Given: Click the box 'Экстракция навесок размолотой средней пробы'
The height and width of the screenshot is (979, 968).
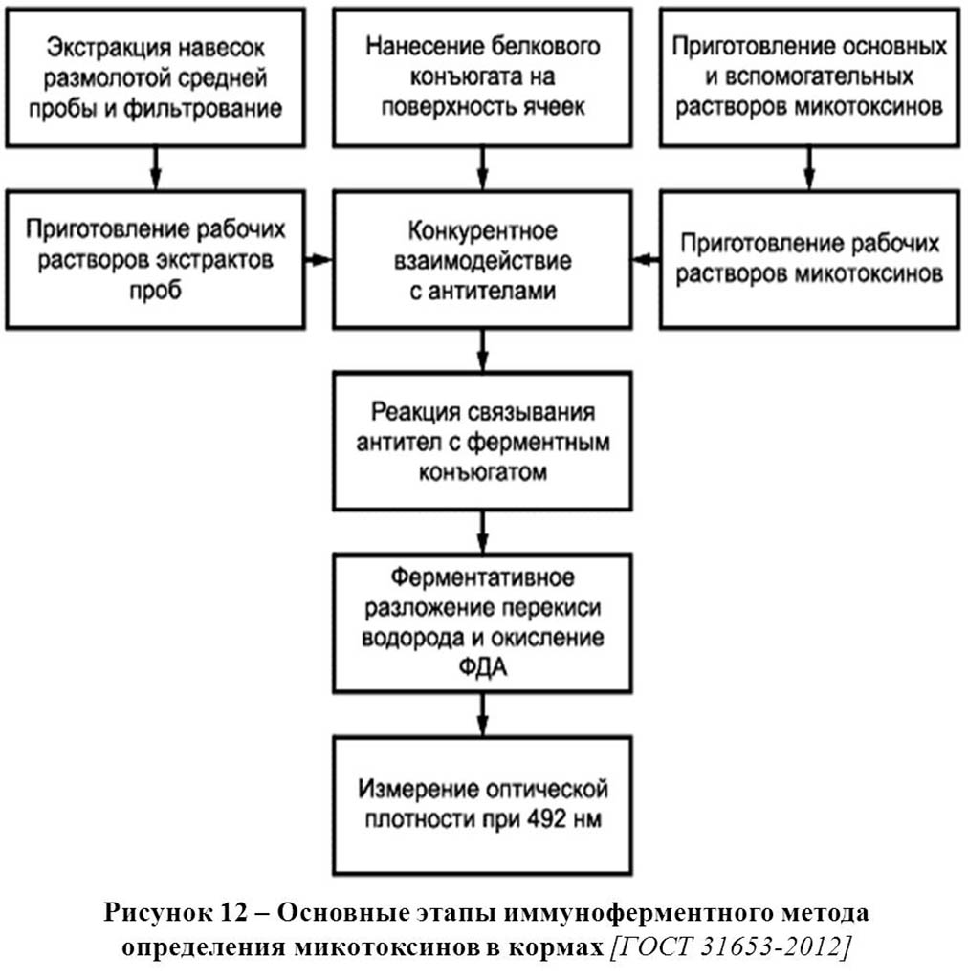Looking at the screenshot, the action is pos(156,78).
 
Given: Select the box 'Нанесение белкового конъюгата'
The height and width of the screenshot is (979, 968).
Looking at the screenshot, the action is pos(482,78).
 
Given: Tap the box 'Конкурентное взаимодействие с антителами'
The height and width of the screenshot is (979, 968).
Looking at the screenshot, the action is pos(482,260).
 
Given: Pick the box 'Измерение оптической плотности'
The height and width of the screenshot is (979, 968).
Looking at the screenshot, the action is pos(482,805).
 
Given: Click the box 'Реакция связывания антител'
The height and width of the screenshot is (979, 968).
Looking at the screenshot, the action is pos(482,442).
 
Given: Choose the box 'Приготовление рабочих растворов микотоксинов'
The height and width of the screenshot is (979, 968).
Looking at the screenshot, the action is pos(809,260).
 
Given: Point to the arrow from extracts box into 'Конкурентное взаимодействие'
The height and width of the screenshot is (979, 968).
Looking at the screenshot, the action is pos(319,260).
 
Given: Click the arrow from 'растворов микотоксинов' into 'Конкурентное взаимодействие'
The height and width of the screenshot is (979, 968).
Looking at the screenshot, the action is pos(647,260).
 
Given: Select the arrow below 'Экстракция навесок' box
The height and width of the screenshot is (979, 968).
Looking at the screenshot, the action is pos(156,168).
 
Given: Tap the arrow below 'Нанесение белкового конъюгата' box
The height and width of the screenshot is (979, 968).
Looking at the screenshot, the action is pos(482,168).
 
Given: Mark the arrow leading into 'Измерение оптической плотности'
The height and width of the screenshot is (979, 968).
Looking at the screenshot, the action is pos(482,715).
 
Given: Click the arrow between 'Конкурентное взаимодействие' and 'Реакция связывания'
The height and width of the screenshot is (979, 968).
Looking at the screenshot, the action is pos(482,350).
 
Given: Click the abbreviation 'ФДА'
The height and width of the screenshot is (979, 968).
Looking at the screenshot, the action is pos(483,667).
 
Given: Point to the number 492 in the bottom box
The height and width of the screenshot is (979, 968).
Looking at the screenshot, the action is pos(547,818).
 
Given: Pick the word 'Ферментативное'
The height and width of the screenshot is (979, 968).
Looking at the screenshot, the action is pos(483,577).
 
